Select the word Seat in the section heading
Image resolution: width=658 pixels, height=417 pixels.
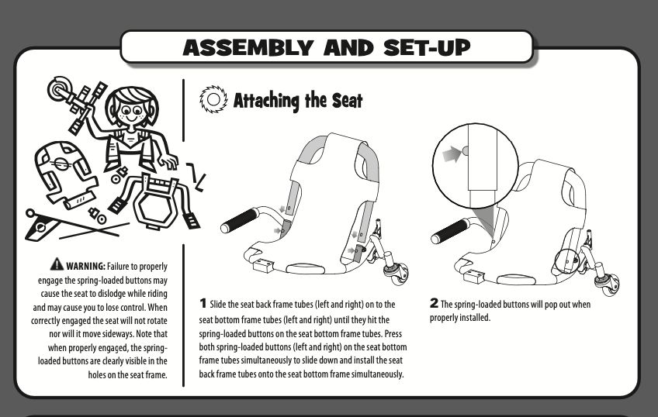[345, 101]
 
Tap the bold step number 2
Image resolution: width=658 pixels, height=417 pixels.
[434, 304]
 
